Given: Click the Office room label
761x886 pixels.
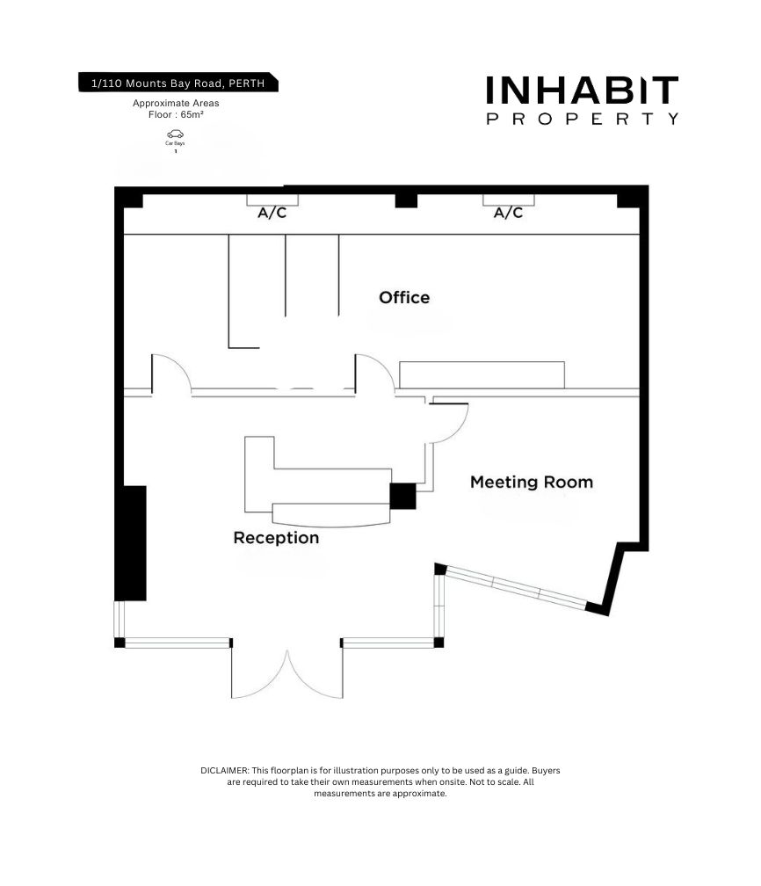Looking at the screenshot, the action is pyautogui.click(x=404, y=297).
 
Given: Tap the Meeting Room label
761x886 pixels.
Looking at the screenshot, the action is pyautogui.click(x=532, y=482).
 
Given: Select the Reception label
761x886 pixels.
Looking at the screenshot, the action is pyautogui.click(x=276, y=537).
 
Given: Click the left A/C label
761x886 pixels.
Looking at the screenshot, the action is pyautogui.click(x=272, y=213).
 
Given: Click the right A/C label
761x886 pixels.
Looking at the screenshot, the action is pyautogui.click(x=509, y=213).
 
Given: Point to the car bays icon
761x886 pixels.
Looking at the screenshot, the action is pyautogui.click(x=175, y=134).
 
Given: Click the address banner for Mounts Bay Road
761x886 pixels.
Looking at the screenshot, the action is pyautogui.click(x=178, y=83).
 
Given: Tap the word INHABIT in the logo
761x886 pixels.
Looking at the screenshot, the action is pyautogui.click(x=582, y=91).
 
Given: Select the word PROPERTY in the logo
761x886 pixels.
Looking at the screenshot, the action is pyautogui.click(x=582, y=119).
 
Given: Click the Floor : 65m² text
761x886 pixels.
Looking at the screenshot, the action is pyautogui.click(x=176, y=114).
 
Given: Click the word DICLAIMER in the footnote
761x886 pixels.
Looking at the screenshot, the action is pyautogui.click(x=224, y=770).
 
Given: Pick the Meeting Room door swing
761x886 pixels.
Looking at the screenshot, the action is pyautogui.click(x=449, y=423).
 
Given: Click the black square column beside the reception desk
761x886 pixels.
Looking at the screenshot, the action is pyautogui.click(x=402, y=496).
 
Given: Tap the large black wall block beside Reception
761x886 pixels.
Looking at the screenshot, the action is pyautogui.click(x=131, y=543).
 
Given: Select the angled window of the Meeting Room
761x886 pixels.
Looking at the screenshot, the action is pyautogui.click(x=515, y=588).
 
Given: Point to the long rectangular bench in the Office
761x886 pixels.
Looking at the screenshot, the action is pyautogui.click(x=482, y=374).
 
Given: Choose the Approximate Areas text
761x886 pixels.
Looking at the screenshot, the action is pyautogui.click(x=176, y=103).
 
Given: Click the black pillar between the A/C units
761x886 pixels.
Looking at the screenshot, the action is pyautogui.click(x=406, y=200).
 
